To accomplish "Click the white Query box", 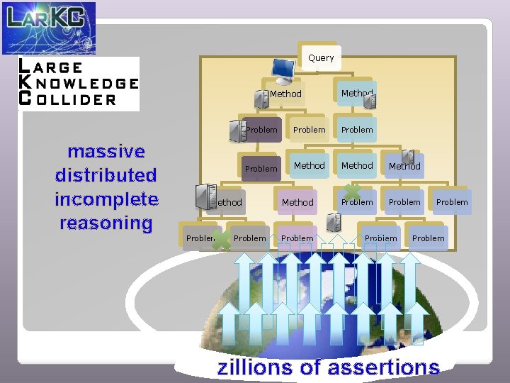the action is pyautogui.click(x=321, y=57).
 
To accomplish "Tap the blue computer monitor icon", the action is pyautogui.click(x=284, y=69).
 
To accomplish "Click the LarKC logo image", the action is pyautogui.click(x=48, y=28).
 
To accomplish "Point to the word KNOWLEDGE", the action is pyautogui.click(x=78, y=83).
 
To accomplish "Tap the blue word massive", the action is pyautogui.click(x=106, y=151).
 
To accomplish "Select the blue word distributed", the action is pyautogui.click(x=106, y=175).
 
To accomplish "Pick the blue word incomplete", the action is pyautogui.click(x=106, y=199).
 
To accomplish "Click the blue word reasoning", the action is pyautogui.click(x=106, y=223).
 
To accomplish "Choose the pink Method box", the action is pyautogui.click(x=297, y=202).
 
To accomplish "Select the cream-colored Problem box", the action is pyautogui.click(x=310, y=130).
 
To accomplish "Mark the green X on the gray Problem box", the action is pyautogui.click(x=222, y=240).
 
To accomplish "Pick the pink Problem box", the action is pyautogui.click(x=297, y=238).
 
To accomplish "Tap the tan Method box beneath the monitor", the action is pyautogui.click(x=285, y=94).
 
